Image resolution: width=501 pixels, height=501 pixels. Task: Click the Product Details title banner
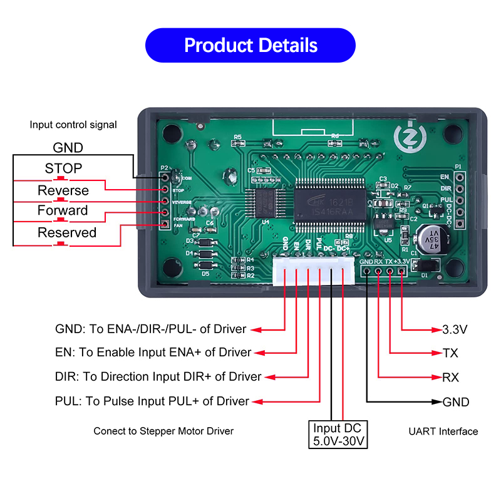pyautogui.click(x=250, y=45)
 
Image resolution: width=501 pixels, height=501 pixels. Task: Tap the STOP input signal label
pyautogui.click(x=63, y=168)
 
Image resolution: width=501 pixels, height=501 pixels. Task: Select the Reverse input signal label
pyautogui.click(x=63, y=190)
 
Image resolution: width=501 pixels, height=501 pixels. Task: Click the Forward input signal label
pyautogui.click(x=63, y=210)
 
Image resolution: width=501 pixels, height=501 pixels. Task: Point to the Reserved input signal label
pyautogui.click(x=67, y=232)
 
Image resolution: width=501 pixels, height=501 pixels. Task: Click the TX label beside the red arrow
pyautogui.click(x=450, y=353)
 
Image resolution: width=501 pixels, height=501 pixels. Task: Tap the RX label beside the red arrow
pyautogui.click(x=450, y=378)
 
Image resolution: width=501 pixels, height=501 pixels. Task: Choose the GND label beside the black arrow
pyautogui.click(x=456, y=402)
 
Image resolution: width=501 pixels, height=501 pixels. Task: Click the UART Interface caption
pyautogui.click(x=443, y=431)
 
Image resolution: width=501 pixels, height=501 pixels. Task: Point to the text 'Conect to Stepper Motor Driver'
pyautogui.click(x=163, y=431)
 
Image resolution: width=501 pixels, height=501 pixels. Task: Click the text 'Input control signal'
pyautogui.click(x=73, y=125)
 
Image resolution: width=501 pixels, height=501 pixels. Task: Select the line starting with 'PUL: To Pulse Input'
pyautogui.click(x=152, y=401)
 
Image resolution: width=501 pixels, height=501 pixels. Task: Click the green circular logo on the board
pyautogui.click(x=408, y=137)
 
